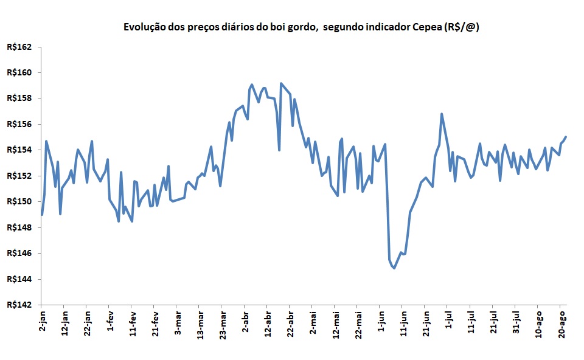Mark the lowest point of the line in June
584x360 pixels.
pos(394,268)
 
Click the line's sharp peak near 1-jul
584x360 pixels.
pos(442,114)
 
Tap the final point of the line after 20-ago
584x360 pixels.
pos(566,137)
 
